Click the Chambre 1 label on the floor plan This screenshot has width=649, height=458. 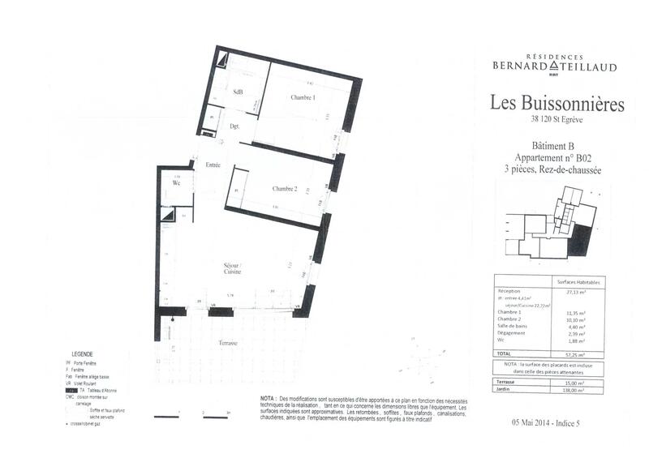pos(303,98)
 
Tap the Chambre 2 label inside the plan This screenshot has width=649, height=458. pos(285,189)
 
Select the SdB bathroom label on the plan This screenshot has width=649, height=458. pos(238,92)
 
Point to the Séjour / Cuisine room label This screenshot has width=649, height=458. pos(233,269)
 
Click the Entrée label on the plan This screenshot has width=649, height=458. pos(213,165)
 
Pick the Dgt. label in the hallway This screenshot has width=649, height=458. pos(234,126)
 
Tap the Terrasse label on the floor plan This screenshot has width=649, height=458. pos(228,344)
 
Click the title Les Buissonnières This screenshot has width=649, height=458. pos(557,104)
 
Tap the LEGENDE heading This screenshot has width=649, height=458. pos(83,354)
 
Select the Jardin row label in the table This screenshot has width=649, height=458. pos(505,390)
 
